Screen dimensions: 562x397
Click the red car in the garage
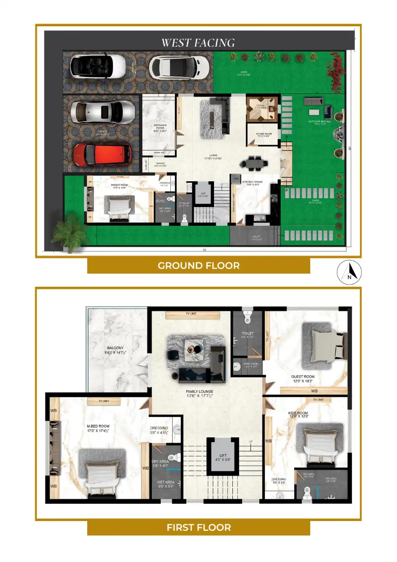click(x=102, y=154)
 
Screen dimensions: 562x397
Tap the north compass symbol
click(x=348, y=271)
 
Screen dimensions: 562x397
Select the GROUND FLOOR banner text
click(x=198, y=266)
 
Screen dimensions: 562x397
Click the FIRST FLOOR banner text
click(x=198, y=528)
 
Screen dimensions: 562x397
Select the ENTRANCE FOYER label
click(x=159, y=129)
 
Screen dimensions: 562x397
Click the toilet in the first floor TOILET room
click(x=247, y=317)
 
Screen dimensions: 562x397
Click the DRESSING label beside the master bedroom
click(x=159, y=430)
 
